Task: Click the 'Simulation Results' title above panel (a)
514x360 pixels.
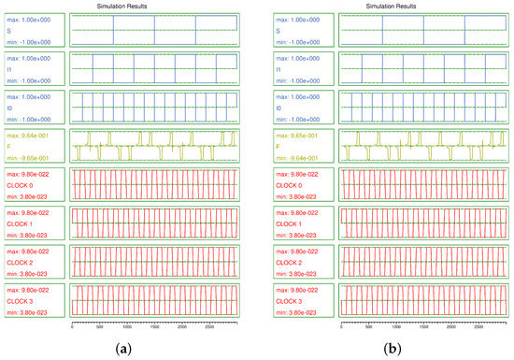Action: (127, 6)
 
